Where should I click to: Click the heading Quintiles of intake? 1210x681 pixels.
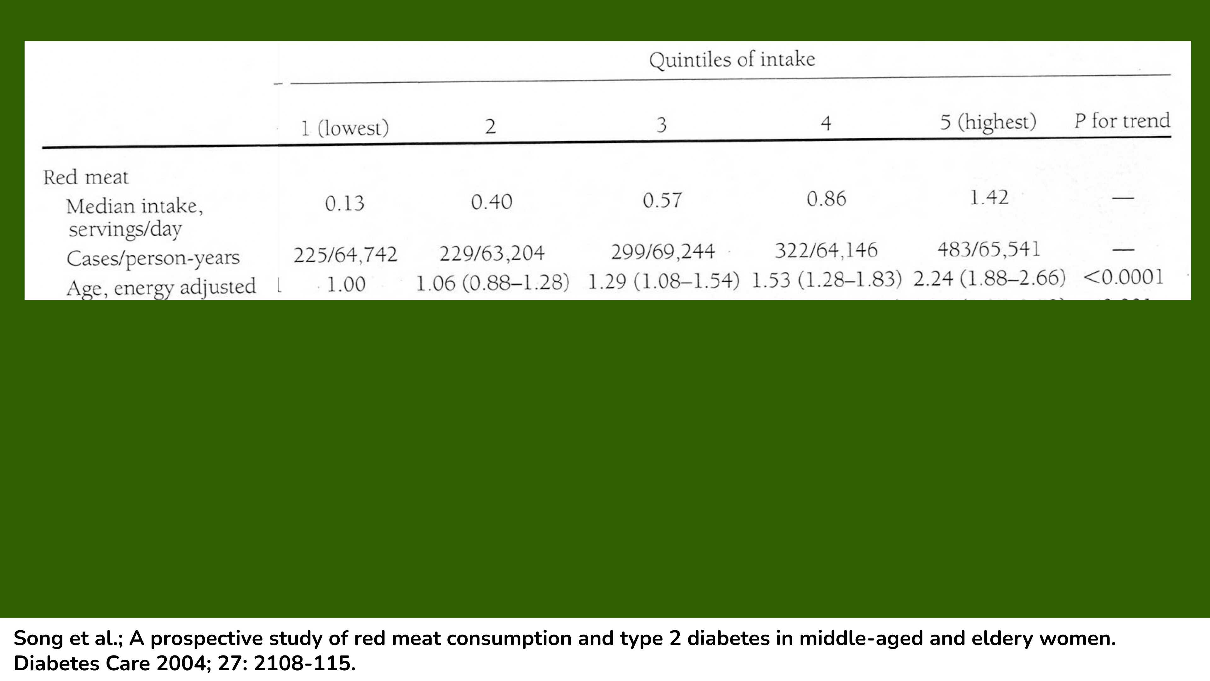(732, 60)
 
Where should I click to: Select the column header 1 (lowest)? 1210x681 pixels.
(345, 128)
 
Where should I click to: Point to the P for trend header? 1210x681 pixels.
(1122, 121)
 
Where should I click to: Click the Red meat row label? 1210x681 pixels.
(85, 177)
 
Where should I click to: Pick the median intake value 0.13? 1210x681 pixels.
(345, 203)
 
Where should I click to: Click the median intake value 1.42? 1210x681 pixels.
(989, 197)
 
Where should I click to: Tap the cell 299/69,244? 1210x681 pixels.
(662, 252)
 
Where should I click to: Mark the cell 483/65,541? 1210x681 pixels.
(989, 249)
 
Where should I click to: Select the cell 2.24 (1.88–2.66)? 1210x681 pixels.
(989, 278)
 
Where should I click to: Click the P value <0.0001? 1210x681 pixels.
(1123, 277)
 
